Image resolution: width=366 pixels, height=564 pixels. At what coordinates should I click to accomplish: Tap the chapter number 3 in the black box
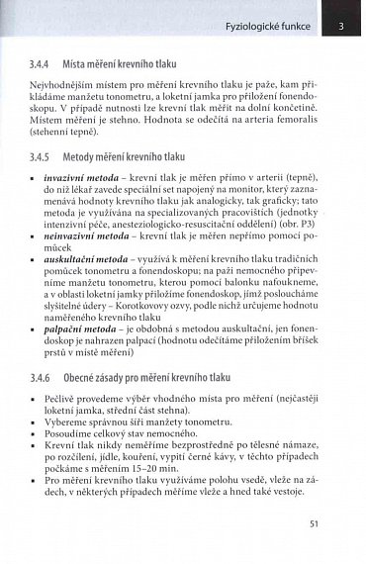tap(341, 23)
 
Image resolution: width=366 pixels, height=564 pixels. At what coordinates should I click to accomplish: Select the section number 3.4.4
tap(46, 62)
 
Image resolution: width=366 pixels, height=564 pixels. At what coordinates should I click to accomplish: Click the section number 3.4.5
tap(46, 156)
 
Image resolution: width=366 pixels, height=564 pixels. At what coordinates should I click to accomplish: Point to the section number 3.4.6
tap(46, 377)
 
